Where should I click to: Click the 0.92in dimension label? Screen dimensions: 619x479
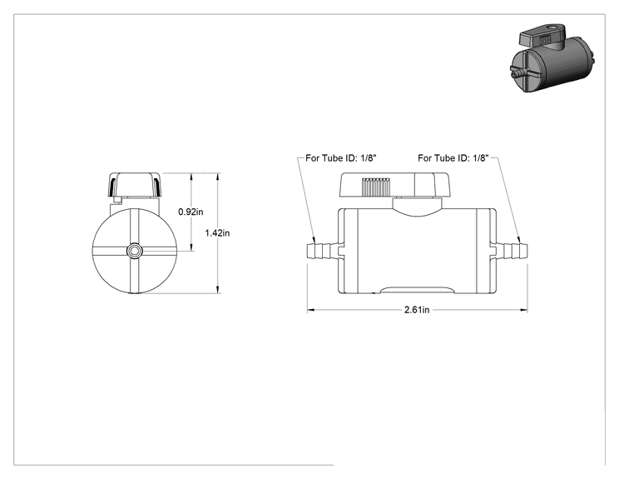pos(191,212)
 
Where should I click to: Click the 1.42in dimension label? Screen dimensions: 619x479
pos(217,233)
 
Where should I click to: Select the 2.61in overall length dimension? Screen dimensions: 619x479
pos(417,310)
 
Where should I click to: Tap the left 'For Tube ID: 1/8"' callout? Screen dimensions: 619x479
pos(341,158)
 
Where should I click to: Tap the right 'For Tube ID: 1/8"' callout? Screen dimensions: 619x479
pos(453,158)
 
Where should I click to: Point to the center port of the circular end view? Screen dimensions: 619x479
pos(134,251)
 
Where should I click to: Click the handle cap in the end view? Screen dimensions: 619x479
pos(135,185)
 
